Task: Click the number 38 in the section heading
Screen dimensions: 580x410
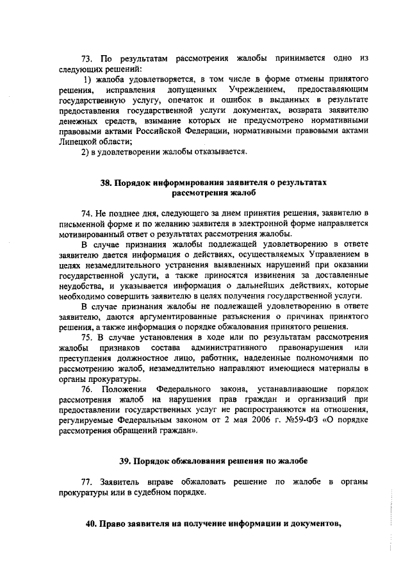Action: pyautogui.click(x=107, y=182)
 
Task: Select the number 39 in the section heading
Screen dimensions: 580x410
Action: pyautogui.click(x=126, y=461)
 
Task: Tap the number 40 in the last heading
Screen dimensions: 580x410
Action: pyautogui.click(x=92, y=523)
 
